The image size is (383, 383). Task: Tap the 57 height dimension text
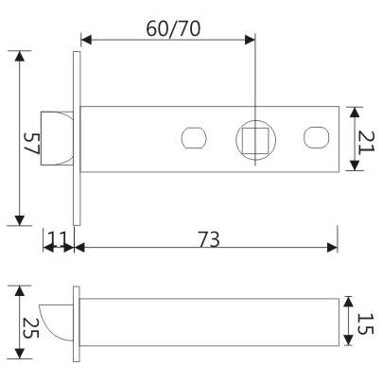point(33,144)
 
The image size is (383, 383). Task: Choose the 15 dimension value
point(366,322)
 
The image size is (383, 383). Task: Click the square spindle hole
point(255,139)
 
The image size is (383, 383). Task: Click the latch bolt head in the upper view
point(58,139)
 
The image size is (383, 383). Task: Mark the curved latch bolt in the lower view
point(56,322)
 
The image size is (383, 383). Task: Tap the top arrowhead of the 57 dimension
point(20,56)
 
